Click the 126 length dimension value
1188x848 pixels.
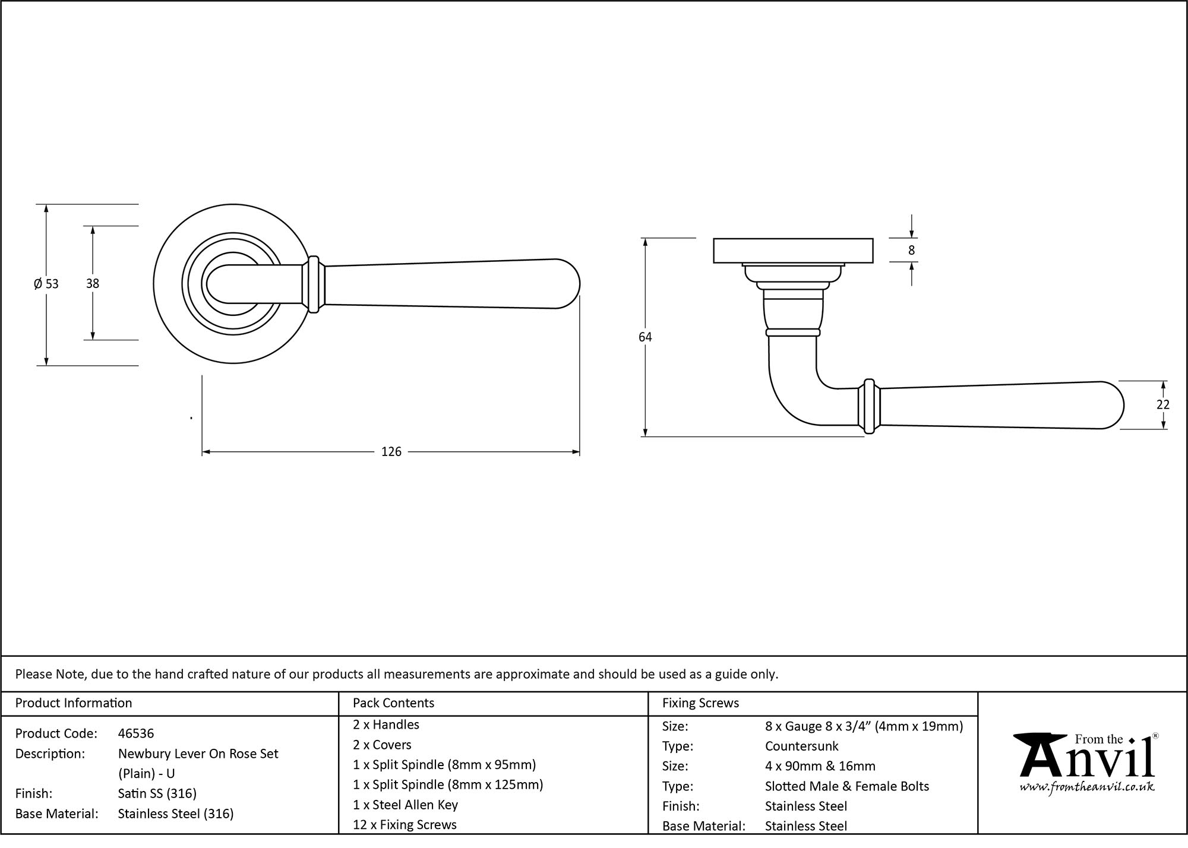coord(391,452)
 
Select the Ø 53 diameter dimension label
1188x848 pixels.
coord(46,284)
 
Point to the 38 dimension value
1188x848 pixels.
coord(93,284)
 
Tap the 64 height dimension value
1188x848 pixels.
coord(645,337)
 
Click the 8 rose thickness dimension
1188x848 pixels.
coord(911,251)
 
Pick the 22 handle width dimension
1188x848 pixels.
coord(1162,404)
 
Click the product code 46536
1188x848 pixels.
coord(136,733)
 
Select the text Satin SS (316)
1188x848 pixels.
coord(157,793)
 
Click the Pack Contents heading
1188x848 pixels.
coord(393,703)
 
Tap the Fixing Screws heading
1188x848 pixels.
coord(700,703)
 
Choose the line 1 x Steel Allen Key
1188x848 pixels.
coord(405,805)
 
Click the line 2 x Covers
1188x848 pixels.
coord(382,745)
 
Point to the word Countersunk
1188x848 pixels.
coord(801,746)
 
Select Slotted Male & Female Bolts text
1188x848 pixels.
coord(846,786)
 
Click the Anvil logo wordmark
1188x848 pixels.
coord(1086,760)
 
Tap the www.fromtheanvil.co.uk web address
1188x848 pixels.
coord(1086,787)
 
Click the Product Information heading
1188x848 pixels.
coord(74,703)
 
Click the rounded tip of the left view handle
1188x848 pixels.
coord(570,284)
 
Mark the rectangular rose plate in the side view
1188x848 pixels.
coord(792,251)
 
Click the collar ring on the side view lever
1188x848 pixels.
coord(869,406)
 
